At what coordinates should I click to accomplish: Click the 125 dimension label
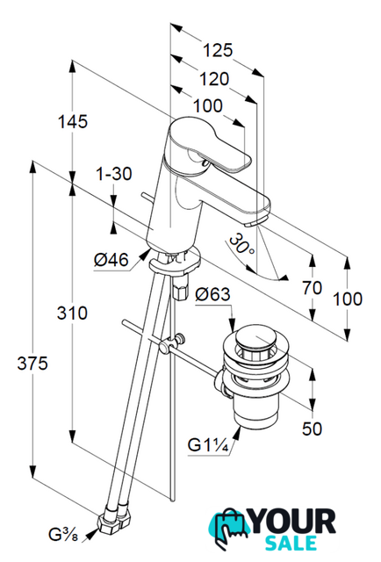218,50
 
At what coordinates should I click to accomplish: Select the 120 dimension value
214,79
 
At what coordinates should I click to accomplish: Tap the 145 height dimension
73,121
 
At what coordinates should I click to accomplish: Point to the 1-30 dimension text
113,174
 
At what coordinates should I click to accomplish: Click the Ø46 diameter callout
111,259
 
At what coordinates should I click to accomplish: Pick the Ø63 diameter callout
213,294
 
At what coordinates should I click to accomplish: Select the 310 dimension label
72,313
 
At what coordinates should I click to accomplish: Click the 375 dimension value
32,364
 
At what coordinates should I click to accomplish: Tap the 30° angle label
241,244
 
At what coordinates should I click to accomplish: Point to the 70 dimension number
313,288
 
